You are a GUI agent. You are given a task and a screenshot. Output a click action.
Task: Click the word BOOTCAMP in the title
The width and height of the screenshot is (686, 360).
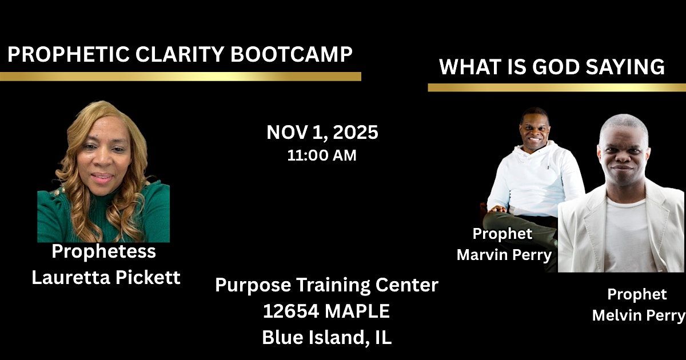pos(291,54)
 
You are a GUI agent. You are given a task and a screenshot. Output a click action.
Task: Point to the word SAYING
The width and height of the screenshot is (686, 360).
pos(625,67)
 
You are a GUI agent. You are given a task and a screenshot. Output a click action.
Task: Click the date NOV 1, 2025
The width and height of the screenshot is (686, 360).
pos(322,132)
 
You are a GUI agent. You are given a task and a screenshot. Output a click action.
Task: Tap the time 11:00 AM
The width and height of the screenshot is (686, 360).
pos(322,155)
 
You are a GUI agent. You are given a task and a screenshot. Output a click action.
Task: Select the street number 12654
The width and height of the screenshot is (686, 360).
pos(290,311)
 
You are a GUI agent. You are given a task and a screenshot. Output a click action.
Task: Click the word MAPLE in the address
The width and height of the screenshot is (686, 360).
pos(357,311)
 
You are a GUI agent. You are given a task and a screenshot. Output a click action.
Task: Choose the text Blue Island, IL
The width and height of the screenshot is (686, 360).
pos(327,337)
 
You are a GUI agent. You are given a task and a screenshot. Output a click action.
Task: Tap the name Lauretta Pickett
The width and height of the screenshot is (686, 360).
pos(106,277)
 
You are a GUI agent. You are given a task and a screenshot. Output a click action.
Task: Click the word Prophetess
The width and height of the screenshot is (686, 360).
pos(104,251)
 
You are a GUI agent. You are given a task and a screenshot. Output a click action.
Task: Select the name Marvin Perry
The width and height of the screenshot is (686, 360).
pos(504,255)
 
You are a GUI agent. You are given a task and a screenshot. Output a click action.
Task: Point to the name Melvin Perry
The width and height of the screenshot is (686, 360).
pos(639,315)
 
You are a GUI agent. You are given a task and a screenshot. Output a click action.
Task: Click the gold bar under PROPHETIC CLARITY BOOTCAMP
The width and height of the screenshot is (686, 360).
pos(181,76)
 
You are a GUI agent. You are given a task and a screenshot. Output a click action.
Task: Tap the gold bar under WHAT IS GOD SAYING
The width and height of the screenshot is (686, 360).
pos(557,87)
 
